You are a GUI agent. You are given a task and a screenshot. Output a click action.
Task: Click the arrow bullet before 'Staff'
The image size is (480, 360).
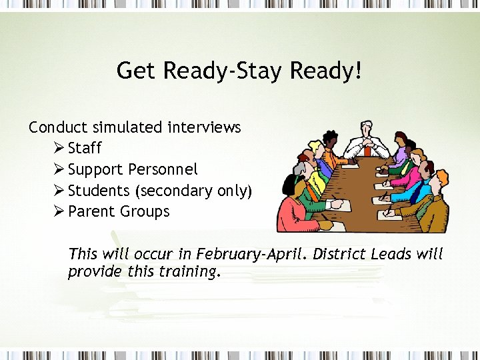[58, 148]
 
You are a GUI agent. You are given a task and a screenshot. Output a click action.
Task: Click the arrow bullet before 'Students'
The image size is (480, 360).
[58, 191]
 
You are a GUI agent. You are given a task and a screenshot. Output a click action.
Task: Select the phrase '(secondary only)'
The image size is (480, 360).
[194, 191]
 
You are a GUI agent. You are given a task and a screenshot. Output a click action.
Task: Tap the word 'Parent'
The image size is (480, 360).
[91, 212]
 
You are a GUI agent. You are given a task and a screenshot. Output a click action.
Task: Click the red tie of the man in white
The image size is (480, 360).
[367, 150]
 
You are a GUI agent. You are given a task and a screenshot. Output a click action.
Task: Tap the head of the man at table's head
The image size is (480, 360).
[367, 129]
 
